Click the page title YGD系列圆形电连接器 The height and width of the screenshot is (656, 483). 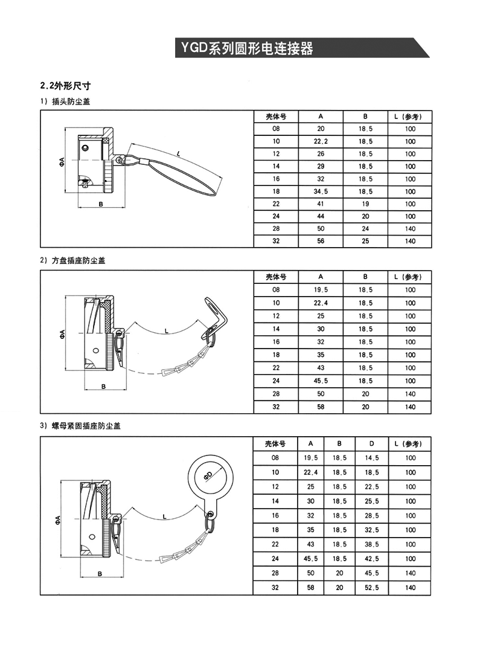tap(245, 48)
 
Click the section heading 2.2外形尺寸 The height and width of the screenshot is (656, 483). tap(65, 86)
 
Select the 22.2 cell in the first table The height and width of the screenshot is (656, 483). tap(321, 141)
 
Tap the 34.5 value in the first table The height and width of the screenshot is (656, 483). tap(321, 191)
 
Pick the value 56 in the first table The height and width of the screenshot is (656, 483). tap(321, 241)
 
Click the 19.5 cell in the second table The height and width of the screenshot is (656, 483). tap(321, 289)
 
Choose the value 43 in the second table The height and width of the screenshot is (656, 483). tap(321, 368)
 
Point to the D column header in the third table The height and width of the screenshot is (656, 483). tap(372, 443)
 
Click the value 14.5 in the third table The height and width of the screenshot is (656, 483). tap(372, 458)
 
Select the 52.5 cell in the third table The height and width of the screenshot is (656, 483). tap(372, 587)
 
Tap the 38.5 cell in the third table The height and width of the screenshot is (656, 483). tap(372, 544)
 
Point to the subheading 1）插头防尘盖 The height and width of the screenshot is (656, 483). tap(65, 101)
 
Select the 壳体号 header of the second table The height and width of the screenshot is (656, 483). tap(276, 277)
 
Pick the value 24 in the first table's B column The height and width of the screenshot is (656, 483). tap(365, 229)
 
